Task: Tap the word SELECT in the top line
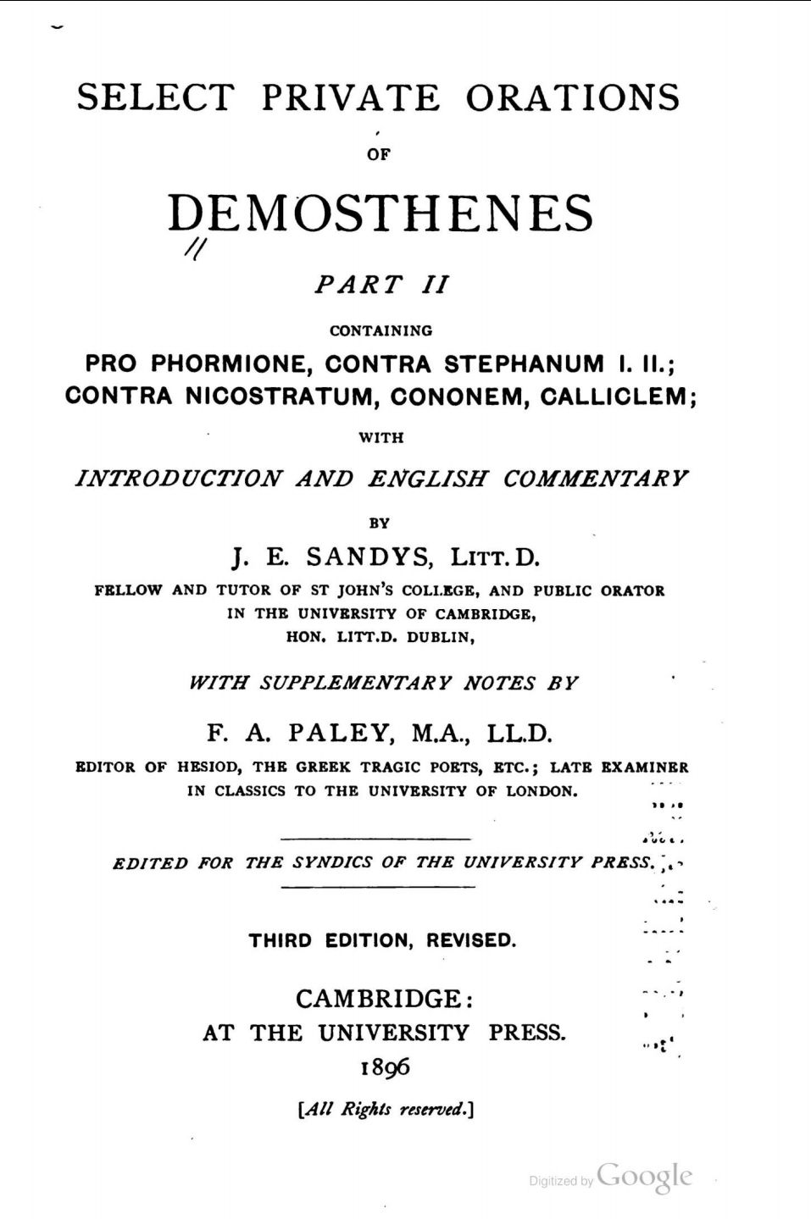[x=155, y=97]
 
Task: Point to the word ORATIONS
[x=572, y=97]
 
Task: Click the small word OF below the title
[x=379, y=155]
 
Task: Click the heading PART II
[x=381, y=285]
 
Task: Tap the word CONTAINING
[x=381, y=330]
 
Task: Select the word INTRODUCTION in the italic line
[x=179, y=479]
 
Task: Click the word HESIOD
[x=208, y=767]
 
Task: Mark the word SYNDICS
[x=332, y=863]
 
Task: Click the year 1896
[x=385, y=1067]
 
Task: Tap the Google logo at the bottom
[x=644, y=1177]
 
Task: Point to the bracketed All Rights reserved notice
[x=385, y=1109]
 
